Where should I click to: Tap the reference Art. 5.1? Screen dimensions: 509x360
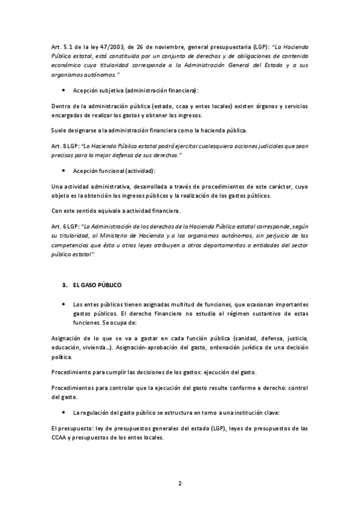coord(60,46)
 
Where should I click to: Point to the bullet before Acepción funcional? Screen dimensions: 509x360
coord(64,171)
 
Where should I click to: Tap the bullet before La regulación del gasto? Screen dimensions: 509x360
coord(64,414)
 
